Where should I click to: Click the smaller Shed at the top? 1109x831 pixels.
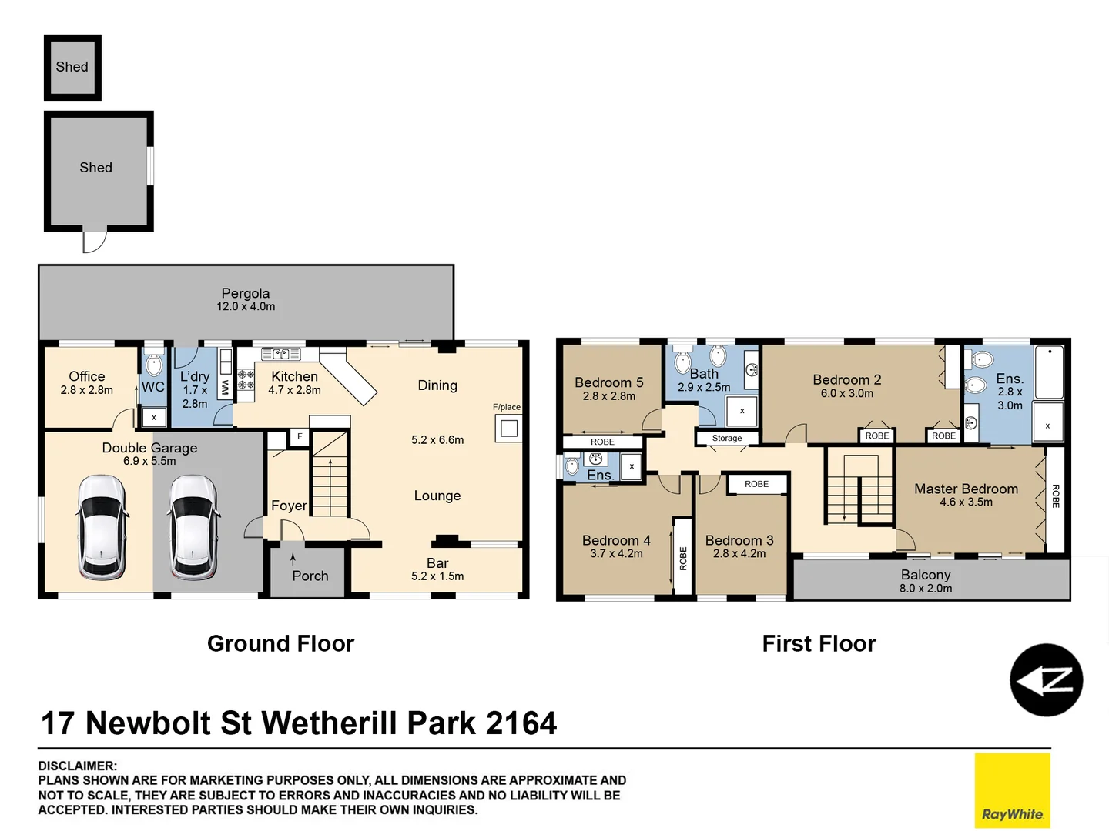pyautogui.click(x=72, y=67)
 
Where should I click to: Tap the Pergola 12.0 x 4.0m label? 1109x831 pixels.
pyautogui.click(x=246, y=299)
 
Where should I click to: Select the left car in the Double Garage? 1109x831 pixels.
pyautogui.click(x=102, y=526)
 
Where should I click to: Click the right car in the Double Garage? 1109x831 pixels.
pyautogui.click(x=193, y=526)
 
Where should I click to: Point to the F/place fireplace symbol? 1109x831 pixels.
pyautogui.click(x=508, y=428)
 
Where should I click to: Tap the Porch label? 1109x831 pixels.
pyautogui.click(x=310, y=576)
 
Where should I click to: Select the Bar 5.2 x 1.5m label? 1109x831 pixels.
pyautogui.click(x=437, y=569)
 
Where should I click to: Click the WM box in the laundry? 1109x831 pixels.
pyautogui.click(x=225, y=386)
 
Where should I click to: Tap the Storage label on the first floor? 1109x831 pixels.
pyautogui.click(x=726, y=438)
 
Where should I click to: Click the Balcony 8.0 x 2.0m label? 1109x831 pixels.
pyautogui.click(x=926, y=581)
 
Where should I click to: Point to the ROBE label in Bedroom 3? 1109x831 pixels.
pyautogui.click(x=756, y=484)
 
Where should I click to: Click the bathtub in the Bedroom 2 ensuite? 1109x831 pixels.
pyautogui.click(x=1048, y=372)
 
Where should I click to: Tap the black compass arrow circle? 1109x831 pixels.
pyautogui.click(x=1046, y=680)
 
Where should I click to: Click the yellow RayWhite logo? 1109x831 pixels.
pyautogui.click(x=1012, y=789)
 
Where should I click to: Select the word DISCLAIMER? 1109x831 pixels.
pyautogui.click(x=78, y=766)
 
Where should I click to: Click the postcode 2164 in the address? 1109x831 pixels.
pyautogui.click(x=521, y=723)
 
